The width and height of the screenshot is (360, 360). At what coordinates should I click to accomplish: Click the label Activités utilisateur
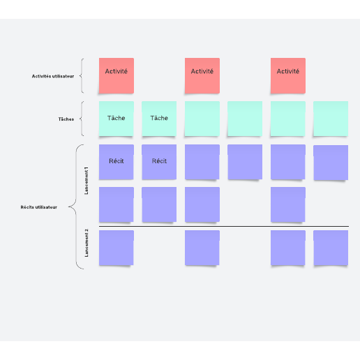click(53, 76)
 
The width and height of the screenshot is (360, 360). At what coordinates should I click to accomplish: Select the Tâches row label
click(66, 119)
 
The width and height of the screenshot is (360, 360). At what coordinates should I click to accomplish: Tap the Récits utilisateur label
click(39, 207)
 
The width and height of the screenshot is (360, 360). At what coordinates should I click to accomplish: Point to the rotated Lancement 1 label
click(87, 181)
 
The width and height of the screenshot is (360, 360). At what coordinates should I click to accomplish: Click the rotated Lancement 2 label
click(87, 243)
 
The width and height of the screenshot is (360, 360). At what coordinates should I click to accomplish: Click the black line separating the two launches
click(224, 226)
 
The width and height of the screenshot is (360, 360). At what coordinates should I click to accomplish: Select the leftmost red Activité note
click(117, 75)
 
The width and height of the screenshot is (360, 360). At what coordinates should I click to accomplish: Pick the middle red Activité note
click(202, 75)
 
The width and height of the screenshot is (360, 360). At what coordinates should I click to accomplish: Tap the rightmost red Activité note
click(288, 75)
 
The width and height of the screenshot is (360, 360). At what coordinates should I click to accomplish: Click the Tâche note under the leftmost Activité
click(117, 119)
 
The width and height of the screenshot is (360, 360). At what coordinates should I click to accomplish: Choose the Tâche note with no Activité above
click(159, 119)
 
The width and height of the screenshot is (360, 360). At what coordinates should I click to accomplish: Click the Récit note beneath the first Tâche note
click(117, 162)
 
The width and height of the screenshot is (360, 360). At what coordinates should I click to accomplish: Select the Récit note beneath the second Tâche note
click(159, 162)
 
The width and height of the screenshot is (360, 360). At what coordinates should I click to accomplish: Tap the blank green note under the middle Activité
click(202, 119)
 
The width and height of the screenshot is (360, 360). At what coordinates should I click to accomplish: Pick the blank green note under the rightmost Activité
click(288, 119)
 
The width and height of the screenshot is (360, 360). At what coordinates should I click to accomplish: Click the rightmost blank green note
click(331, 119)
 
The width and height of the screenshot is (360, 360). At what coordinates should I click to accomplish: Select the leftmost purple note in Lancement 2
click(117, 248)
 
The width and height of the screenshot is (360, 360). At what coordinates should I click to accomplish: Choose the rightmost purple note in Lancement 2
click(331, 248)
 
